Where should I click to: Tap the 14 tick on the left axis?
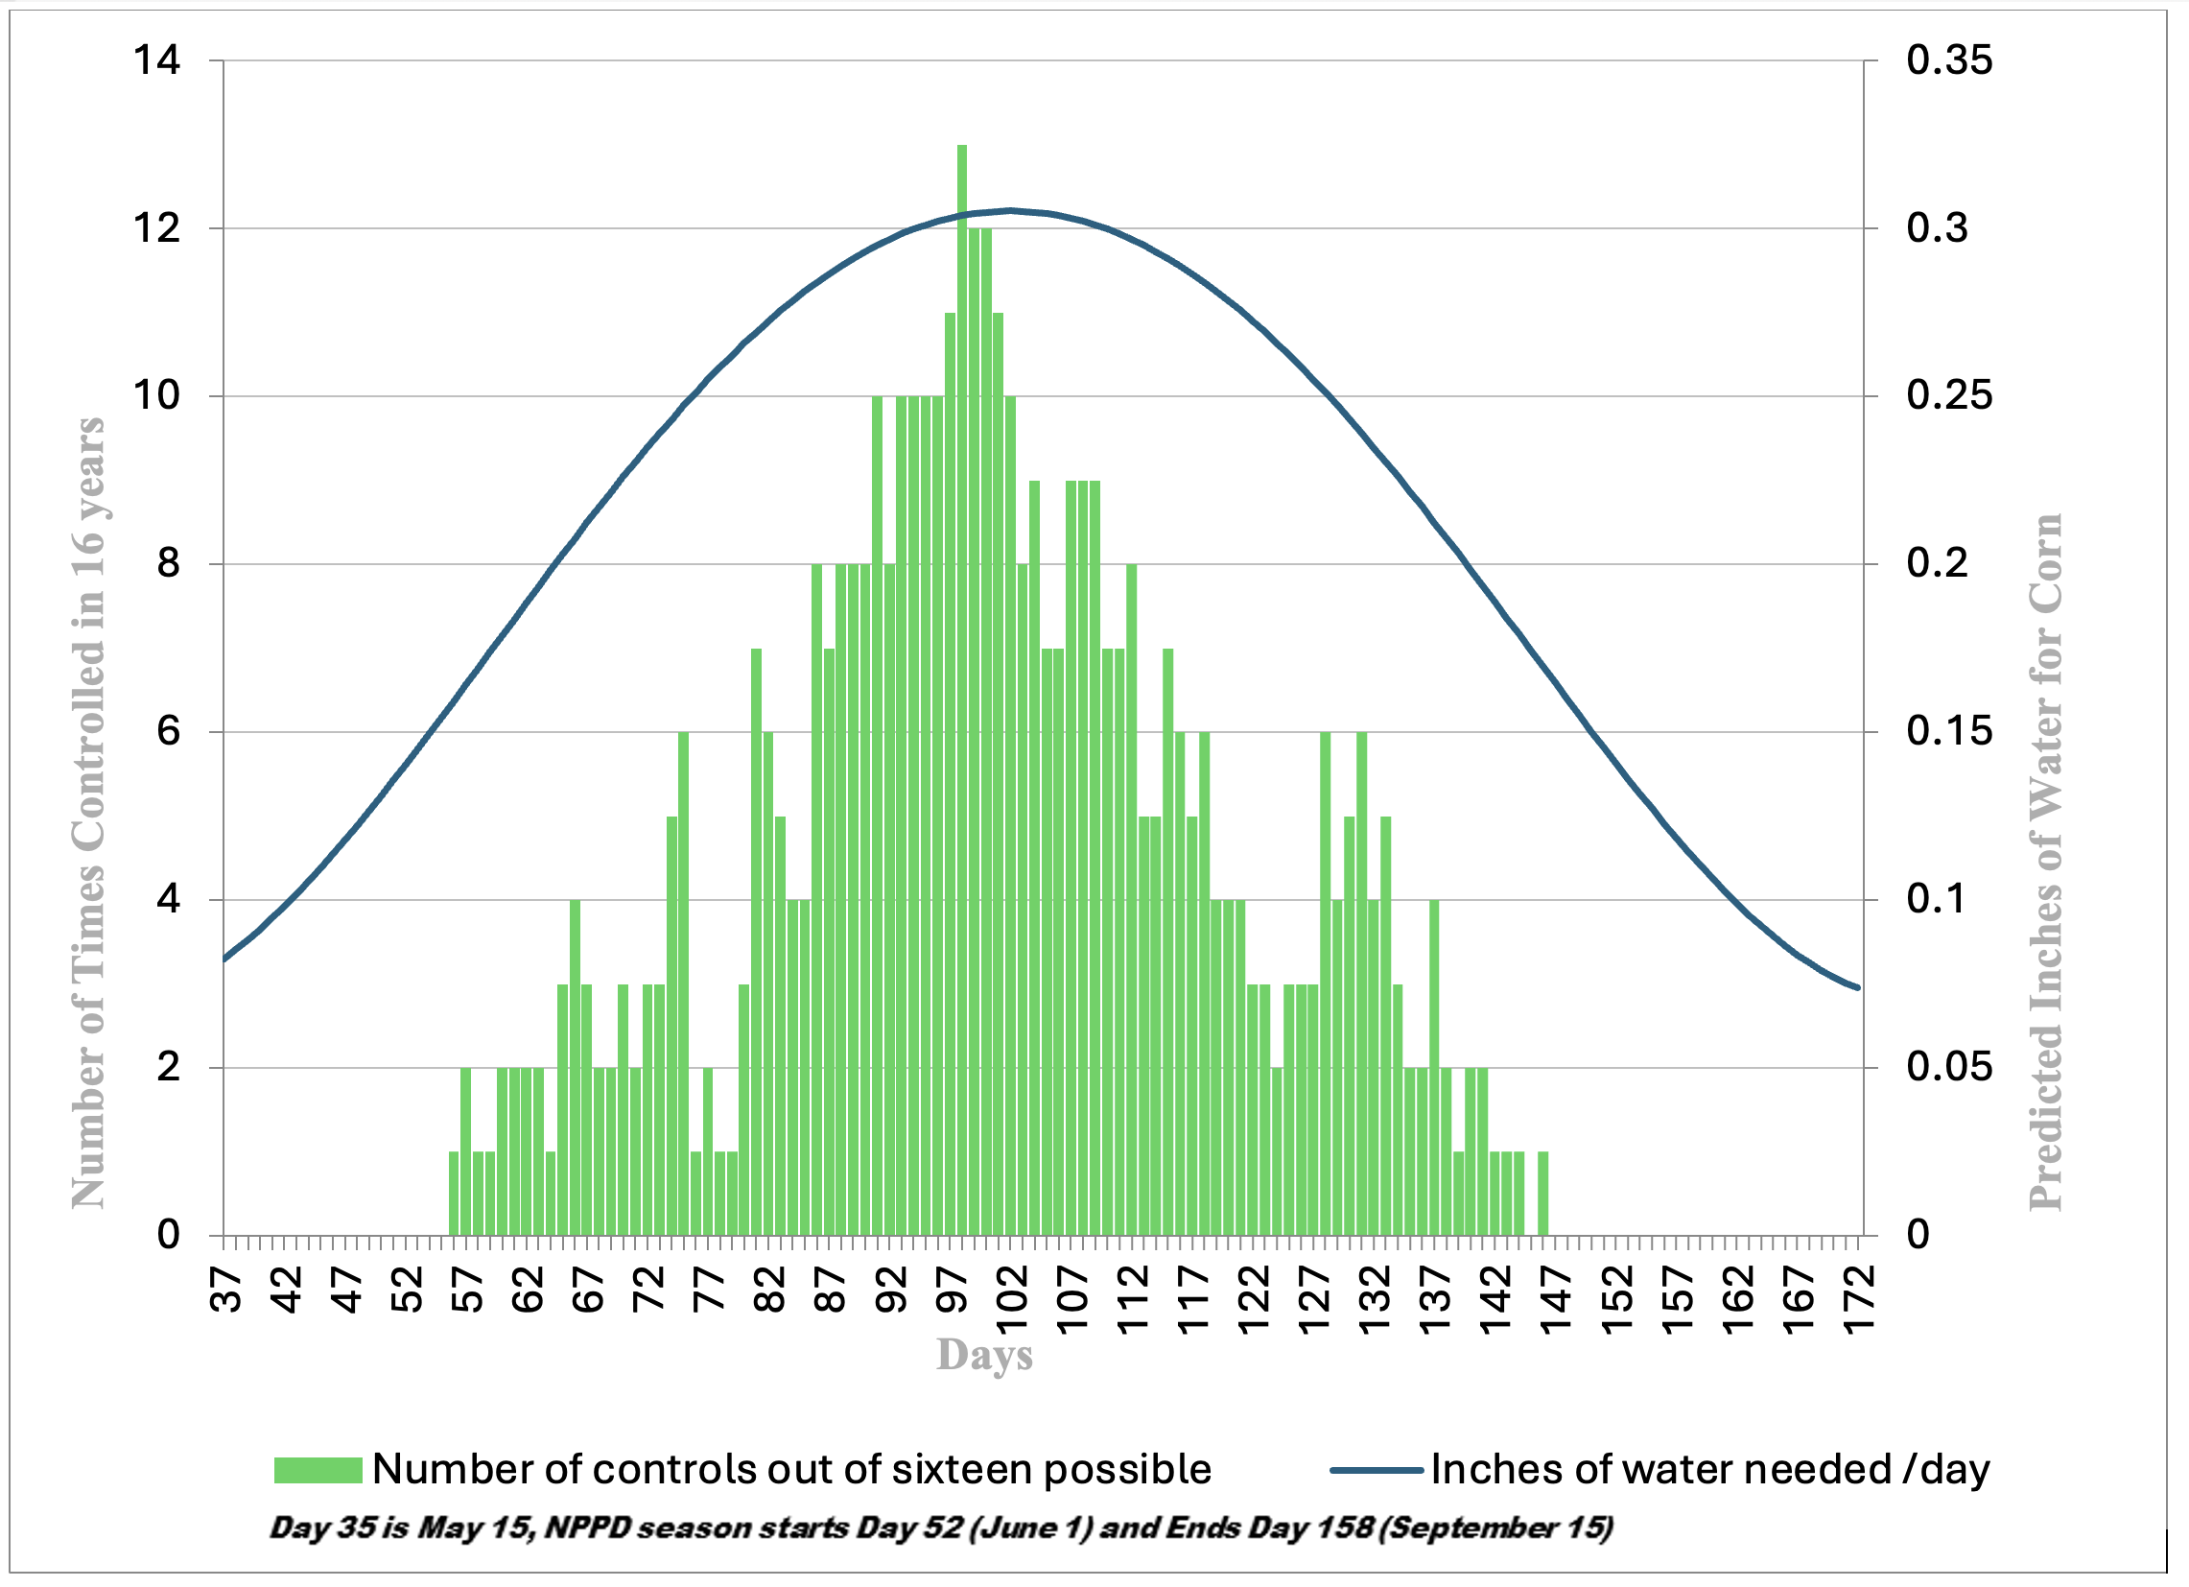coord(157,60)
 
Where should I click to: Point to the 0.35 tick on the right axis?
coord(1947,60)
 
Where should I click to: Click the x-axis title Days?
coord(983,1355)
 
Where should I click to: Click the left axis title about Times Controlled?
coord(89,811)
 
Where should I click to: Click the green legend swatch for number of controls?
coord(318,1470)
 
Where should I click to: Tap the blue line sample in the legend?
coord(1376,1470)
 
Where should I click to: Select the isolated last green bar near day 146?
coord(1542,1194)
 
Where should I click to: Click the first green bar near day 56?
coord(454,1194)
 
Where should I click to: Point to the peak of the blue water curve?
coord(1010,209)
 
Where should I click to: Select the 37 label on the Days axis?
coord(225,1290)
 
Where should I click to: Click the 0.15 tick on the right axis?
coord(1947,731)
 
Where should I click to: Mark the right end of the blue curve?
coord(1857,986)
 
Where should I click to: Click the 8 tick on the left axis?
coord(169,563)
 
